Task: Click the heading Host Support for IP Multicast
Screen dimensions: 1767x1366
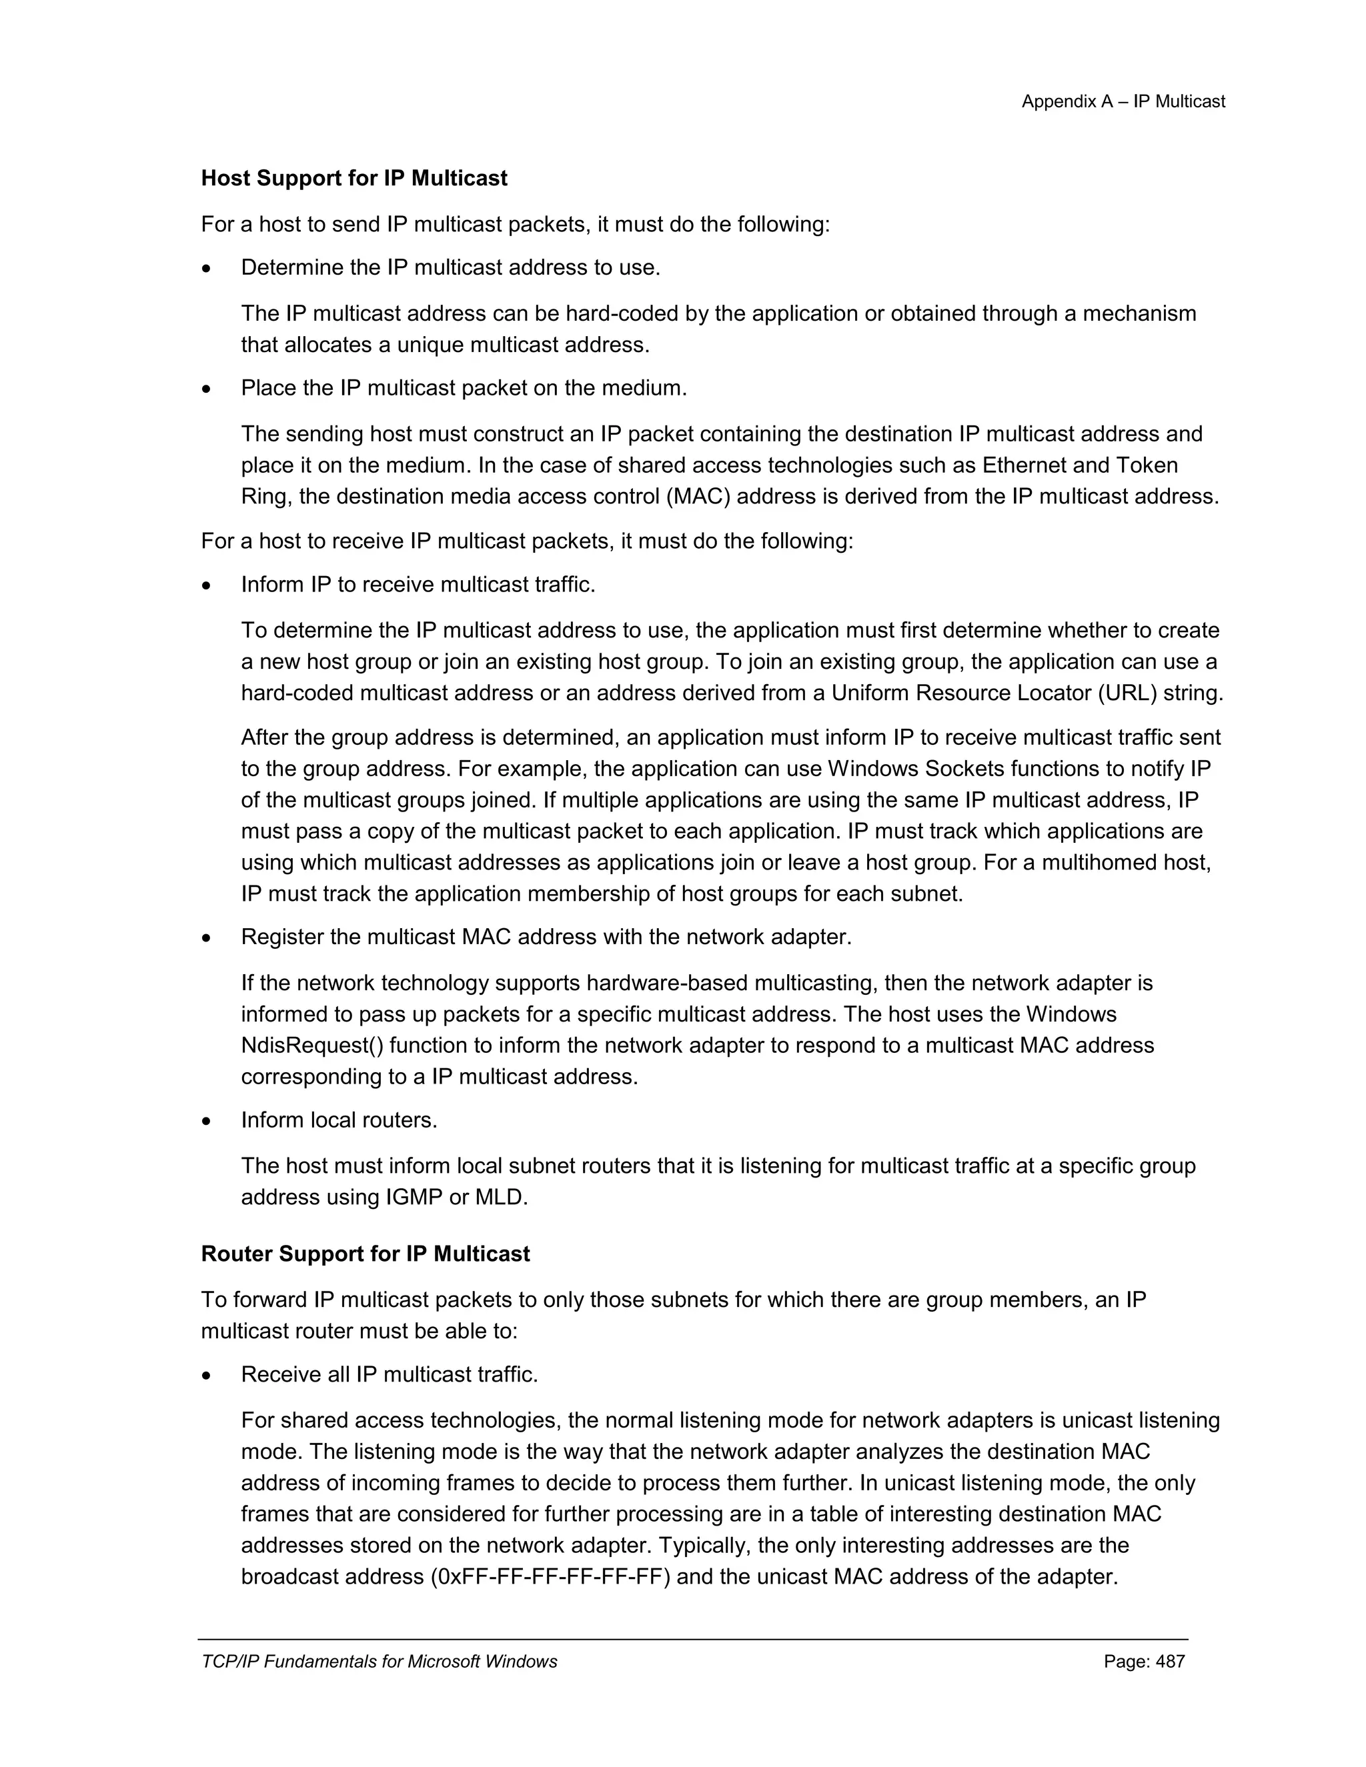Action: point(354,178)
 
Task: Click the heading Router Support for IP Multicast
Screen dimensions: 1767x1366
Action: point(365,1254)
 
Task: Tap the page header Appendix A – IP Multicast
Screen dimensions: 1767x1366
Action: point(1123,101)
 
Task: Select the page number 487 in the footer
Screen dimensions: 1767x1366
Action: point(1169,1661)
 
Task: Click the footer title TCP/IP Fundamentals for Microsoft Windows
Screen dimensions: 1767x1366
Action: point(379,1661)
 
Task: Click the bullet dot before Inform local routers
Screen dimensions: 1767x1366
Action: point(207,1122)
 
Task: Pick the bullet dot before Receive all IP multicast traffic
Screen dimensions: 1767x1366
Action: point(207,1376)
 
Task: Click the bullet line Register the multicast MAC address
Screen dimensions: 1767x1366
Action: point(546,937)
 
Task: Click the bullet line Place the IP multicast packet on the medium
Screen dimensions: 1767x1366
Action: point(464,387)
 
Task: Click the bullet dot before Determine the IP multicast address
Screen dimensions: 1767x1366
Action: point(207,269)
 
